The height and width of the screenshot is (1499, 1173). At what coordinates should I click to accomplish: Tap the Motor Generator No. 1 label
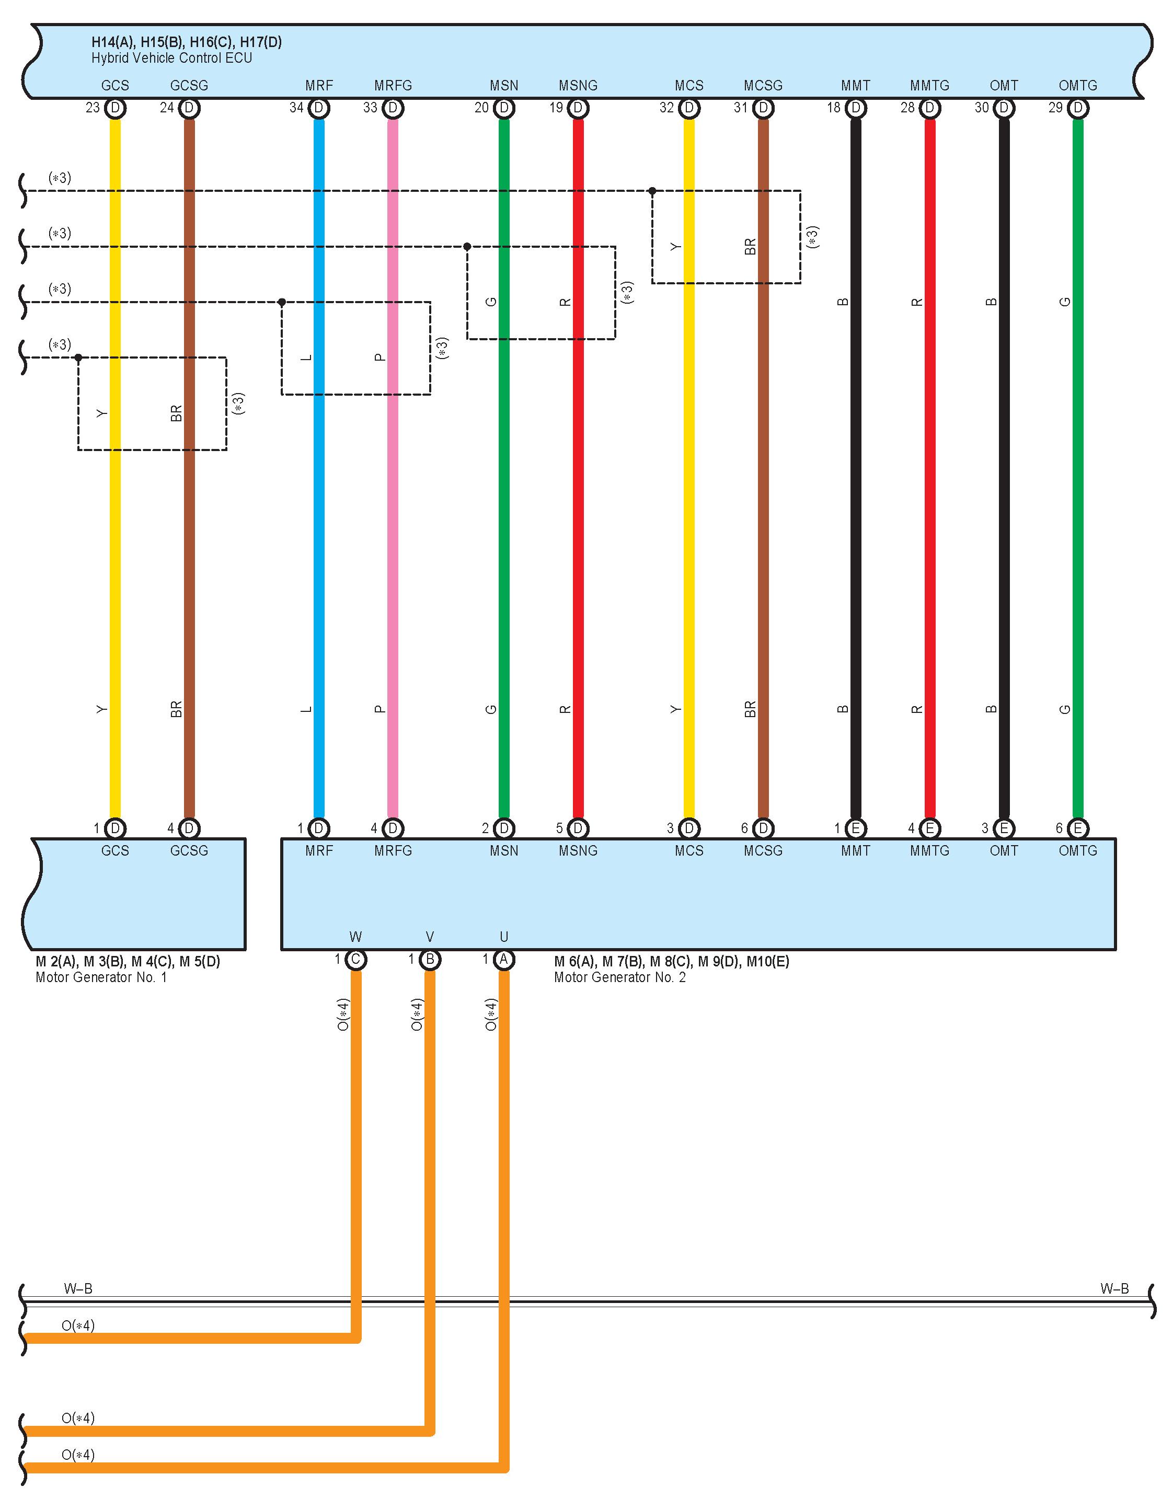pos(101,977)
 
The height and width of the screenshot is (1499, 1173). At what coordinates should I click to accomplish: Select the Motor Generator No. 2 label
pos(619,977)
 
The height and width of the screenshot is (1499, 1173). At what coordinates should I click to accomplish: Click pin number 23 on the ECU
pos(93,108)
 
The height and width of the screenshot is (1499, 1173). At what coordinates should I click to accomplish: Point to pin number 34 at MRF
pos(296,108)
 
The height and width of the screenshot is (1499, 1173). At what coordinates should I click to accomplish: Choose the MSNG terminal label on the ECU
pos(578,86)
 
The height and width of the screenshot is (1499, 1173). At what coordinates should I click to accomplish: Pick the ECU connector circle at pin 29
pos(1078,108)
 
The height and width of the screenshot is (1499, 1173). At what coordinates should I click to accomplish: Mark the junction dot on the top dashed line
pos(652,191)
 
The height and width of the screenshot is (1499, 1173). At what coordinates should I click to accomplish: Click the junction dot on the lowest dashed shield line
pos(78,358)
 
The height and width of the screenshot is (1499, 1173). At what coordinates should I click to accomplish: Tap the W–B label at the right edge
pos(1114,1289)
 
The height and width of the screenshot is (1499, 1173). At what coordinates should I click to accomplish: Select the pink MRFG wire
pos(393,549)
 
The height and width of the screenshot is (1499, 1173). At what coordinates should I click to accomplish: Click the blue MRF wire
pos(319,549)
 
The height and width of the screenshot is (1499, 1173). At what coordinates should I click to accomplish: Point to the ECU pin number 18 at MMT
pos(833,108)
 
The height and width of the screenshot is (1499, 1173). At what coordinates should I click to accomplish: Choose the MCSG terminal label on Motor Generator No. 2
pos(763,851)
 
